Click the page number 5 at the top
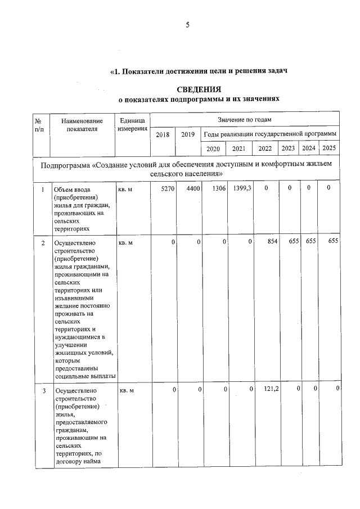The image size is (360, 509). point(188,24)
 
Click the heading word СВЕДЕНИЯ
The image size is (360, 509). point(199,89)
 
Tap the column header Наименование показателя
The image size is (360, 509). point(82,125)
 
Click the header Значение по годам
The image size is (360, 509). point(244,120)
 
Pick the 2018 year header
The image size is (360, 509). point(162,134)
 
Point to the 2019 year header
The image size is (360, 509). point(188,134)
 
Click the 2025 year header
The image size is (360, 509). point(329,148)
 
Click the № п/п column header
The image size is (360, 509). point(40,125)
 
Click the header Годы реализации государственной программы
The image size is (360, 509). point(270,134)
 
